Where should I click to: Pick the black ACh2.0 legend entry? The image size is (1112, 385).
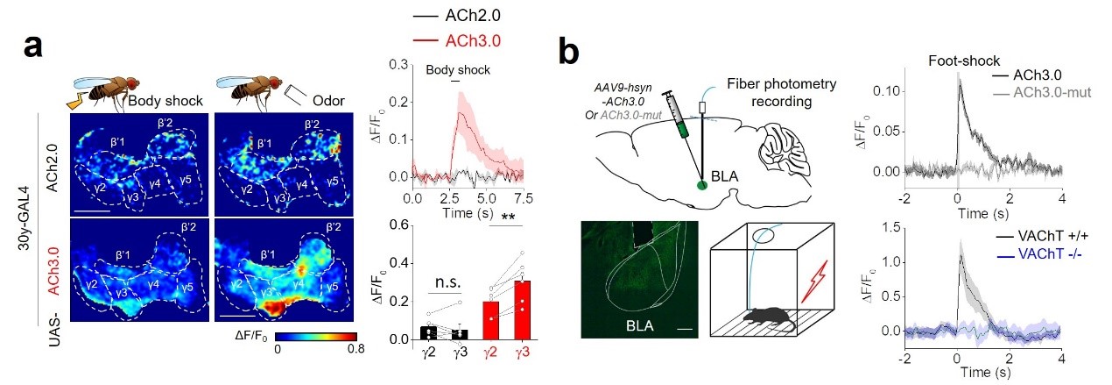point(476,17)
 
